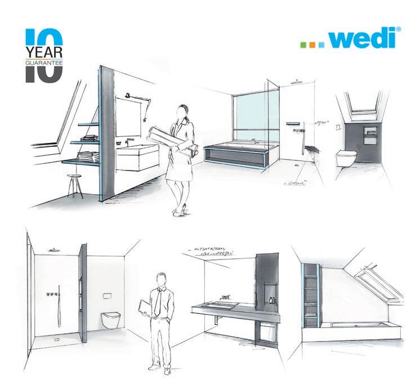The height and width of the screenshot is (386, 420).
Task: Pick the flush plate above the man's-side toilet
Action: click(108, 295)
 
